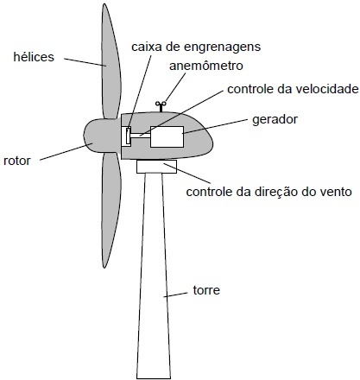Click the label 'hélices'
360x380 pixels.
[34, 57]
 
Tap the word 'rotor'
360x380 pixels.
[17, 161]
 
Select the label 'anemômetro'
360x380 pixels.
[206, 66]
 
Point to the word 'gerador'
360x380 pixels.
[275, 119]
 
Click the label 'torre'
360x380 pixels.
[206, 290]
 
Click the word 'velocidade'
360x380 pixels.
[325, 89]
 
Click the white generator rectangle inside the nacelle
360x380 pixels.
[167, 136]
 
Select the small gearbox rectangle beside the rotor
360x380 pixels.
[126, 136]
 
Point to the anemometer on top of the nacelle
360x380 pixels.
[161, 106]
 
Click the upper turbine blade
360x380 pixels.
[111, 62]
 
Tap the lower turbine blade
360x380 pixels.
[111, 210]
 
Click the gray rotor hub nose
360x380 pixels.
[102, 136]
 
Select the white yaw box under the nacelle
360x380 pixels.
[156, 167]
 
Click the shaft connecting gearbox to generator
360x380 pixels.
[141, 136]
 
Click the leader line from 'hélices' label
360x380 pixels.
[85, 62]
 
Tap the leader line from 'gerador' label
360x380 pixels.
[215, 127]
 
